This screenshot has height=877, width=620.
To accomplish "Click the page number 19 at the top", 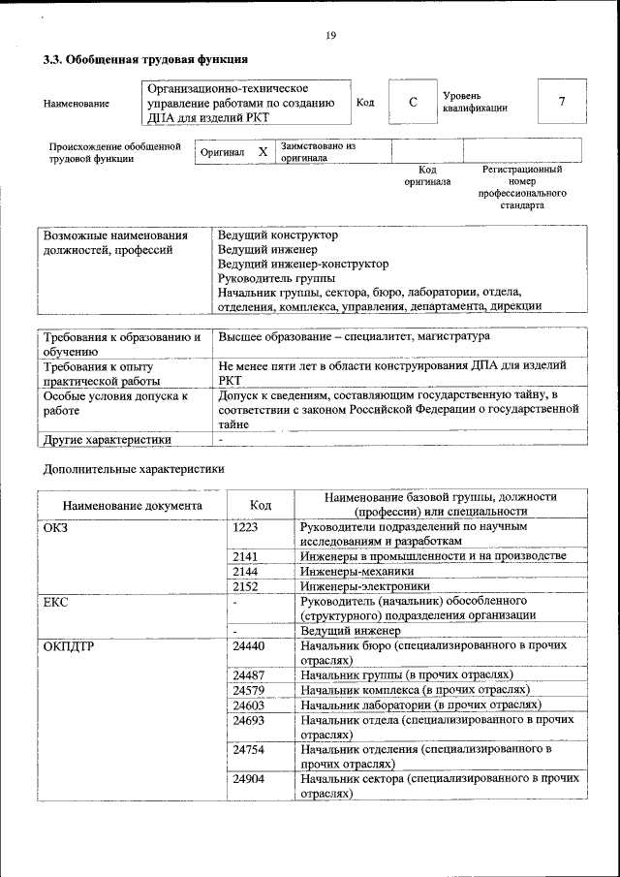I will pos(330,36).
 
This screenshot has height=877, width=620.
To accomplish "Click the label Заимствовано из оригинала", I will pos(318,151).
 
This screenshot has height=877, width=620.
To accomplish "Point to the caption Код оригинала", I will pos(427,175).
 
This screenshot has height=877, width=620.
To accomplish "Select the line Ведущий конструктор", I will pos(277,235).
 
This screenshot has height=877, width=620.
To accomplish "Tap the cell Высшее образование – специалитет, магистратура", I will pos(353,336).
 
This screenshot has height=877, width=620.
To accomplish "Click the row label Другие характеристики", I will pos(108,439).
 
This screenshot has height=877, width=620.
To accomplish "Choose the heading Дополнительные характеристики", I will pos(134,469).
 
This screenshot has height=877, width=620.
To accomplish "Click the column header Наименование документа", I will pos(132,505).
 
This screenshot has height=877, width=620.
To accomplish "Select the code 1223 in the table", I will pos(246,526).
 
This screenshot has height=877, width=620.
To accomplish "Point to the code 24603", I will pos(249,705).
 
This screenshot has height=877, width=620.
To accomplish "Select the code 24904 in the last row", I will pos(249,778).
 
